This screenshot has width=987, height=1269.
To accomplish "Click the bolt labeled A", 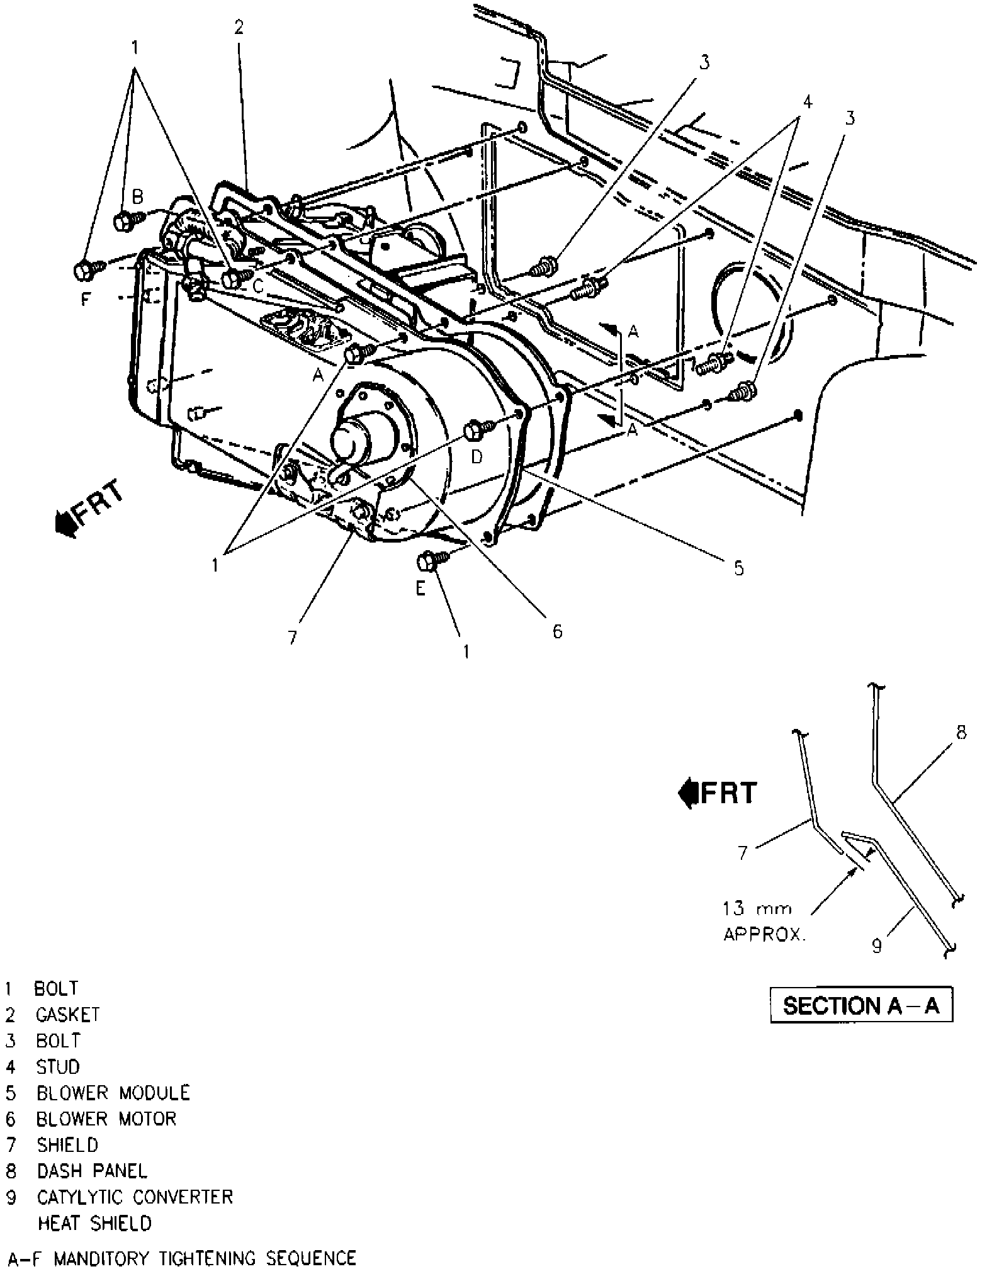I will click(354, 355).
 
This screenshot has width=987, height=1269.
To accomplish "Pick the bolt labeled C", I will click(233, 276).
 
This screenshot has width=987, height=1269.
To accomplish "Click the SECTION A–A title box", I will click(861, 1005).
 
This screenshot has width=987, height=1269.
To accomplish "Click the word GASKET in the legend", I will click(67, 1014).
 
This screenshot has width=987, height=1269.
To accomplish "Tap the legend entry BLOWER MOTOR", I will click(106, 1119).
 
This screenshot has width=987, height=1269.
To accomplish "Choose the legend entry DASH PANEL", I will click(92, 1171).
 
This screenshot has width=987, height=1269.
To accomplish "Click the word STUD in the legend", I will click(58, 1066).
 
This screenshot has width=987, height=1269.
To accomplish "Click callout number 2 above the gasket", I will click(239, 27).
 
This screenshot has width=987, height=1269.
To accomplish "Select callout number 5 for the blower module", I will click(738, 568).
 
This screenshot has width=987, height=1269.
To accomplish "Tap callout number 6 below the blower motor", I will click(557, 631).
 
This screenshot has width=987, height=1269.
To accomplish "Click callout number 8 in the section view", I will click(961, 734).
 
